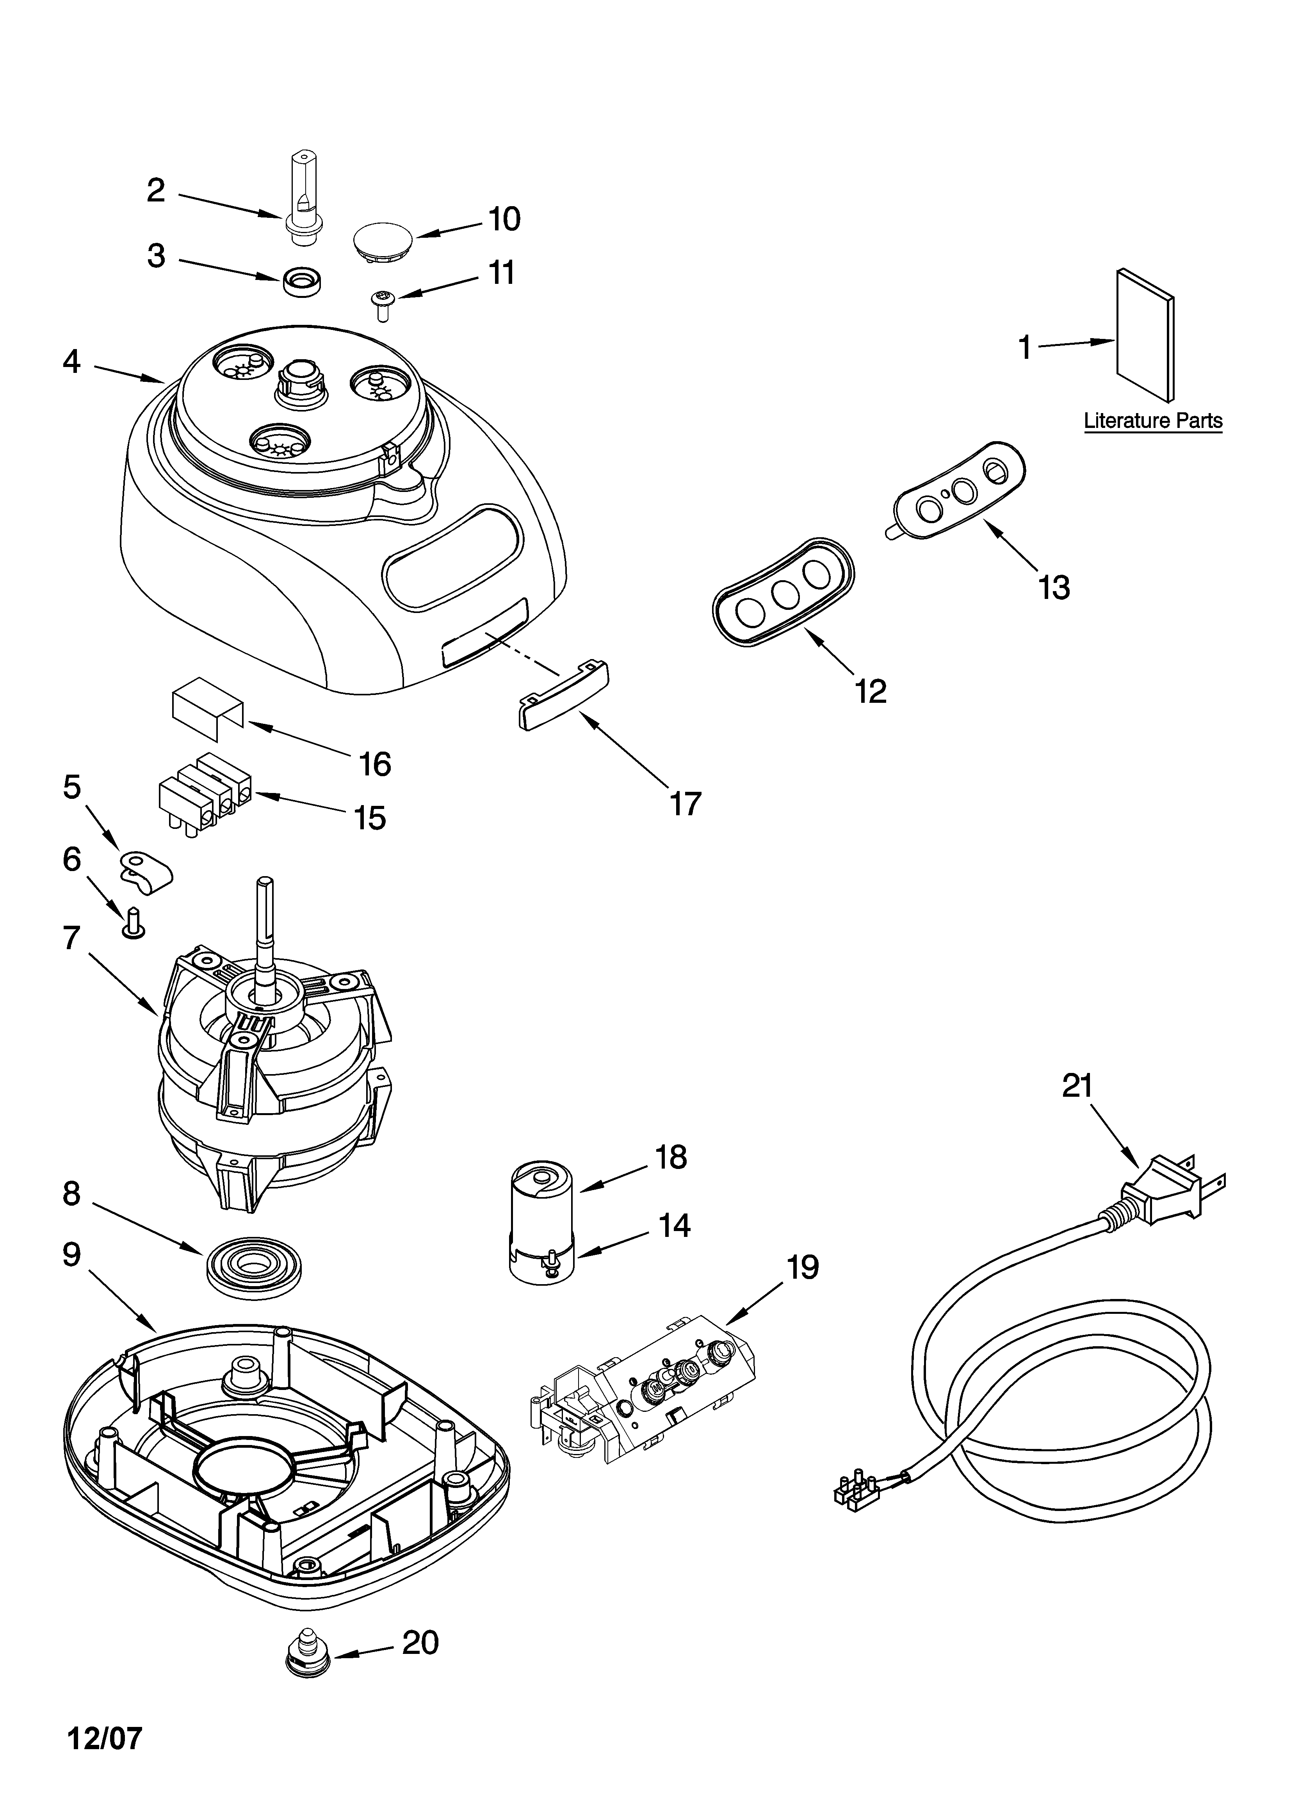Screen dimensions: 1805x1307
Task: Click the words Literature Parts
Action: point(1152,421)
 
